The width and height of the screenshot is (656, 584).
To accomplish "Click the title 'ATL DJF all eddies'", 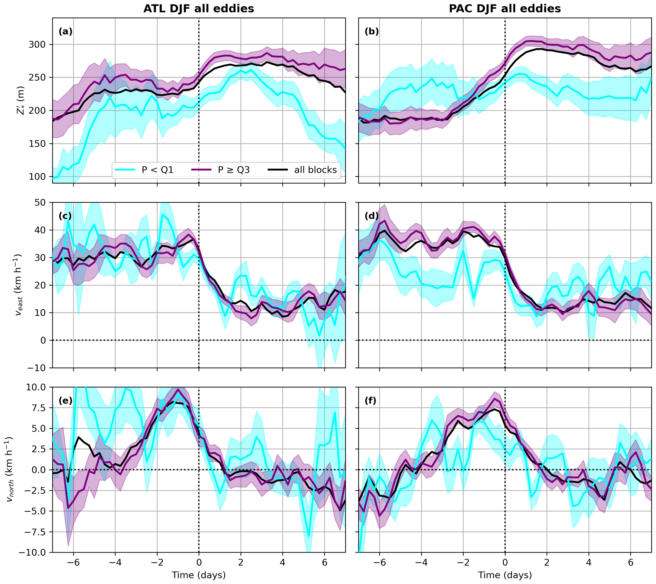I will (199, 9).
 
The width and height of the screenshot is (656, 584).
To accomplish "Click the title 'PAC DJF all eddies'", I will (505, 9).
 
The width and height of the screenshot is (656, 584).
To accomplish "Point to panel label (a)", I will (65, 31).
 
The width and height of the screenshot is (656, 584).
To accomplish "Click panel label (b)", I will (372, 31).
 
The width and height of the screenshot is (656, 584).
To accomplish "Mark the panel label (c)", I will (65, 216).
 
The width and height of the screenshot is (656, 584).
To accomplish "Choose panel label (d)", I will (372, 216).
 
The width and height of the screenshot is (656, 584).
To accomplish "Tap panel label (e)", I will (65, 401).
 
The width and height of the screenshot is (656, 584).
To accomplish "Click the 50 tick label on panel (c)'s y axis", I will (41, 203).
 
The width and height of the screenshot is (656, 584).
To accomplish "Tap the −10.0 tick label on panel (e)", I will (33, 553).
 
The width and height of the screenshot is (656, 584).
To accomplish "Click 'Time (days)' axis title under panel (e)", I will (199, 575).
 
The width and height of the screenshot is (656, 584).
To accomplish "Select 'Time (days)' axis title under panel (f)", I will (505, 575).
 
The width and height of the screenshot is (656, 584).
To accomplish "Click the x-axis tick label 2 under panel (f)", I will (547, 562).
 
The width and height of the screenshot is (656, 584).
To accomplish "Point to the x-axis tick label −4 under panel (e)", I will (115, 562).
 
